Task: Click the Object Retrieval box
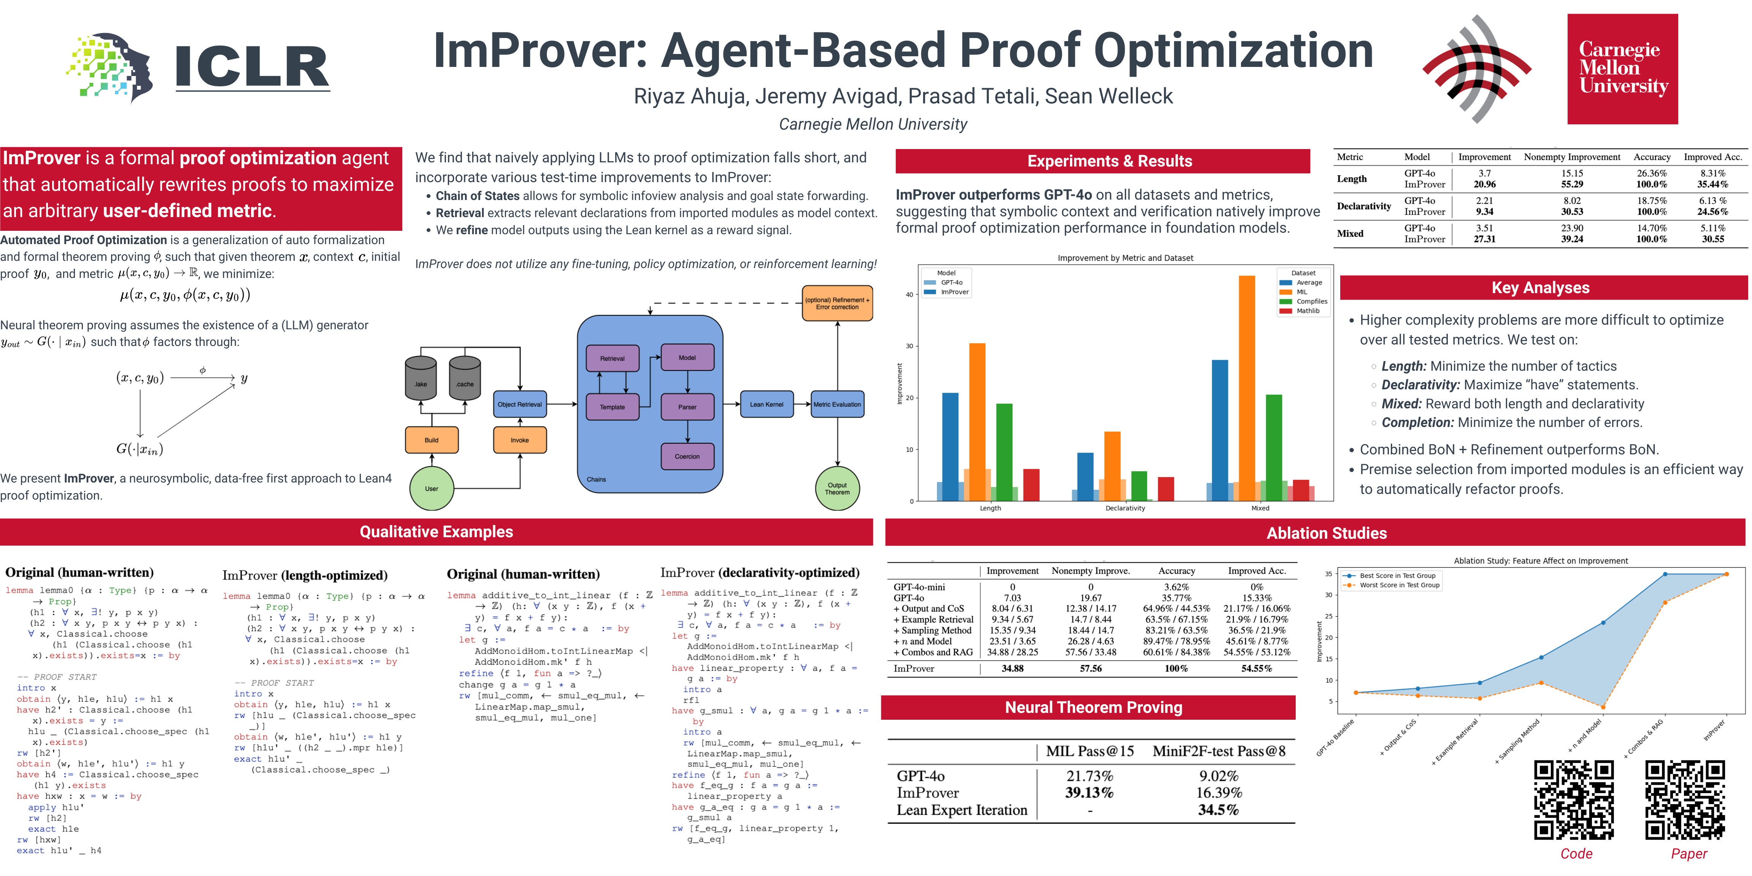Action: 520,404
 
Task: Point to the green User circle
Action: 431,488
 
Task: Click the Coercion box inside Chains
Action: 687,456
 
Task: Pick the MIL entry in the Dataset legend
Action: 1300,292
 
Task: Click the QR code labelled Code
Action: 1574,800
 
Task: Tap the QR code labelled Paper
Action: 1685,800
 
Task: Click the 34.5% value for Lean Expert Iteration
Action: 1218,810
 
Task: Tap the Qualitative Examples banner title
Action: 436,532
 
